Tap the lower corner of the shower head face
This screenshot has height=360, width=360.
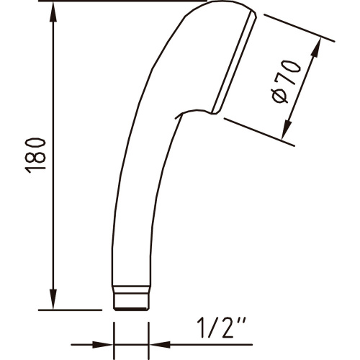216,112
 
